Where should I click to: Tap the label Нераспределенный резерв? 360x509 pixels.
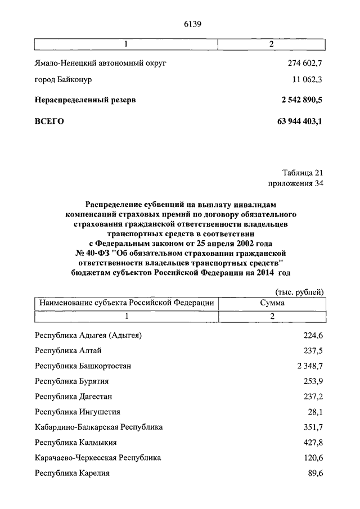[x=85, y=100]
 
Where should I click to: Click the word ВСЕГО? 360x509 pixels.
[x=49, y=120]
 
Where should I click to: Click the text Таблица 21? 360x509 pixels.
[x=302, y=173]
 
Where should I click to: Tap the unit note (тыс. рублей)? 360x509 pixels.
[x=300, y=291]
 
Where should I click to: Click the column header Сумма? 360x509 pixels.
[x=271, y=303]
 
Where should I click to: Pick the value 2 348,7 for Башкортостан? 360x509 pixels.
[x=309, y=366]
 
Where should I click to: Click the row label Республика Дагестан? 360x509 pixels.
[x=71, y=397]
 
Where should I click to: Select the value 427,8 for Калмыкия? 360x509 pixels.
[x=313, y=442]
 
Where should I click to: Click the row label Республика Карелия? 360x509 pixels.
[x=72, y=473]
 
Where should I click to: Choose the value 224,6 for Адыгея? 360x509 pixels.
[x=313, y=336]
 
